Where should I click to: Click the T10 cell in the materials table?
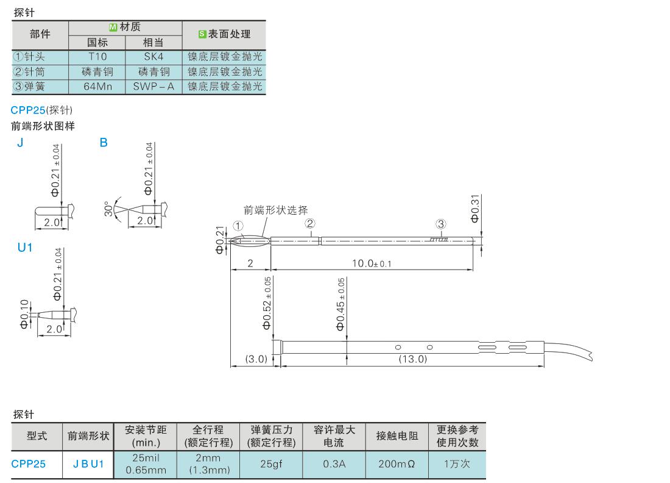(x=97, y=57)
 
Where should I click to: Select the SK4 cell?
(x=153, y=57)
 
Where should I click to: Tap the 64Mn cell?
(x=97, y=87)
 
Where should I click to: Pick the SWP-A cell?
(x=153, y=87)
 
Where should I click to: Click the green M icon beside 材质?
(x=113, y=27)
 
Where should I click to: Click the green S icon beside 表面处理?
(x=203, y=34)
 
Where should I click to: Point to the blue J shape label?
(x=20, y=143)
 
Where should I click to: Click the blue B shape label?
(x=104, y=143)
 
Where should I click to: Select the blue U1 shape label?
(x=25, y=247)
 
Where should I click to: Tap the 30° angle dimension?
(x=109, y=209)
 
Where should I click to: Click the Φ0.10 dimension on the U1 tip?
(x=24, y=314)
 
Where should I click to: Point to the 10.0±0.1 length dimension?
(x=372, y=263)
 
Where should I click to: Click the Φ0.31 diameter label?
(x=475, y=209)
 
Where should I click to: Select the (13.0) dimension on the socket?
(x=413, y=359)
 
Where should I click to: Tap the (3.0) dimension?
(x=256, y=359)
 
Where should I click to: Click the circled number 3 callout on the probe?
(x=441, y=224)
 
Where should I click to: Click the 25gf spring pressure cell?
(x=271, y=463)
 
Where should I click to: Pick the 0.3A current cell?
(x=334, y=463)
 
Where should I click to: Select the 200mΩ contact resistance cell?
(x=397, y=463)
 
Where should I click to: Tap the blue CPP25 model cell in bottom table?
(x=28, y=463)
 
